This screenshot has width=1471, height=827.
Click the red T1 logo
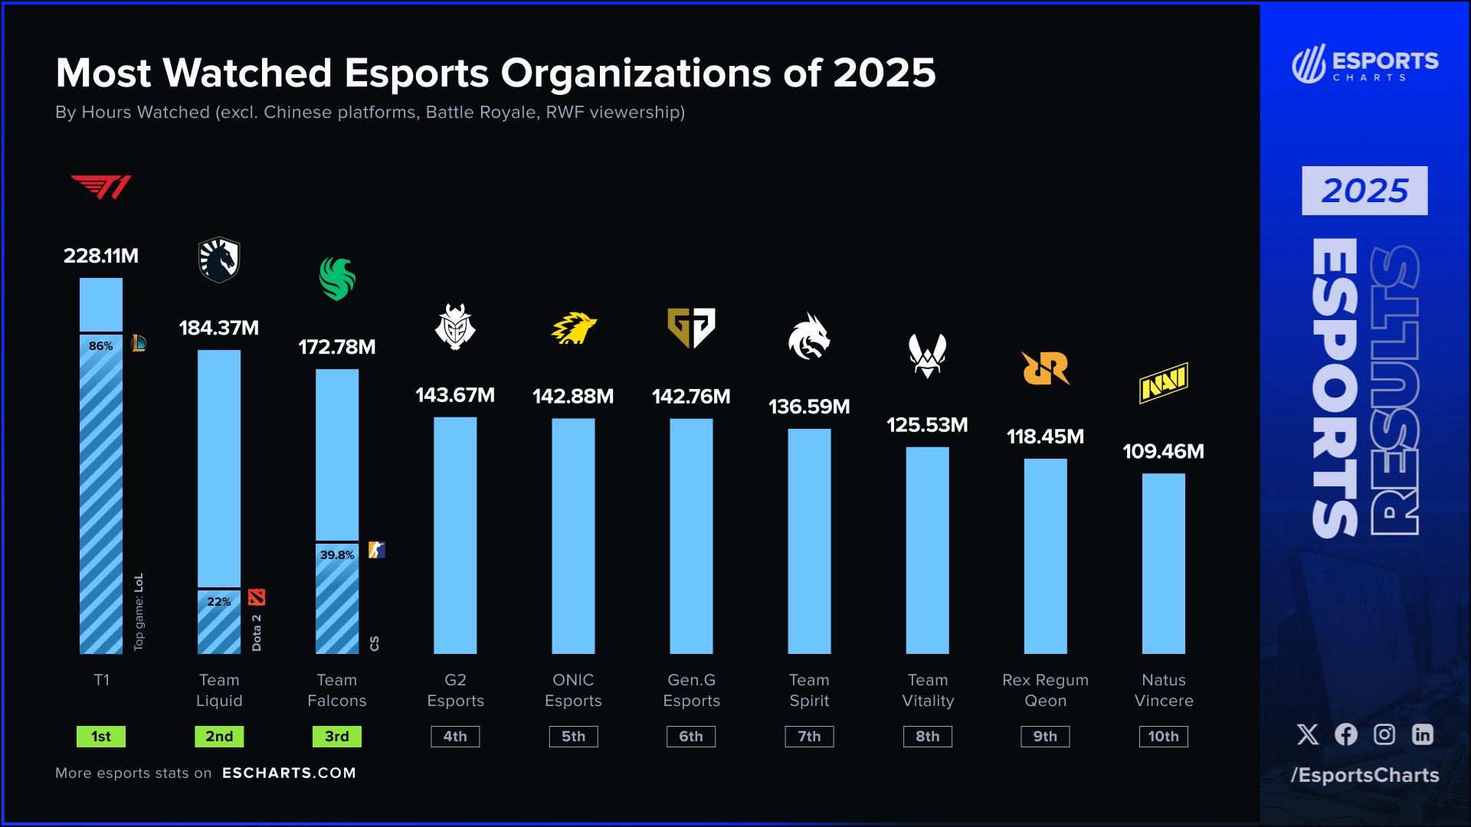coord(101,187)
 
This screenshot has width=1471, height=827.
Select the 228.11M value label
coord(101,256)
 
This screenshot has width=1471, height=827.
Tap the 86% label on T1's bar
coord(100,346)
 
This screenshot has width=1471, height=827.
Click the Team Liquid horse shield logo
coord(219,260)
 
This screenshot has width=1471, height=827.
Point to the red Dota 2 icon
coord(257,597)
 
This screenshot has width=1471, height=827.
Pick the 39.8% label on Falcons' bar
coord(337,555)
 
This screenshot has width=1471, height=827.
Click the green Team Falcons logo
coord(337,279)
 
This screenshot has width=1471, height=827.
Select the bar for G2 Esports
coord(455,536)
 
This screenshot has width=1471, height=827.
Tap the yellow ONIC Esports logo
coord(574,329)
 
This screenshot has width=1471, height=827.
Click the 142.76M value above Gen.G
coord(691,397)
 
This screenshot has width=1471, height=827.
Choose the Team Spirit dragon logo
coord(809,336)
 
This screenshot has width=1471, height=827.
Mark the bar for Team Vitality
coord(927,551)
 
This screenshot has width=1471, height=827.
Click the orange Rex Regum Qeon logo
coord(1045,368)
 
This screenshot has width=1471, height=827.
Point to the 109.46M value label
coord(1163,452)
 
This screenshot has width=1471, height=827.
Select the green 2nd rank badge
coord(219,737)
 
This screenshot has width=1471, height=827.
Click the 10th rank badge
coord(1163,737)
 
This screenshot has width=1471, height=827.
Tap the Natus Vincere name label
coord(1163,690)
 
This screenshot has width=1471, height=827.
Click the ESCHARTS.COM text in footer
coord(289,773)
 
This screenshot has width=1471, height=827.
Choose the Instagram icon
coord(1384,734)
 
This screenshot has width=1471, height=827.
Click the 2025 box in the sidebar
coord(1365,191)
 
